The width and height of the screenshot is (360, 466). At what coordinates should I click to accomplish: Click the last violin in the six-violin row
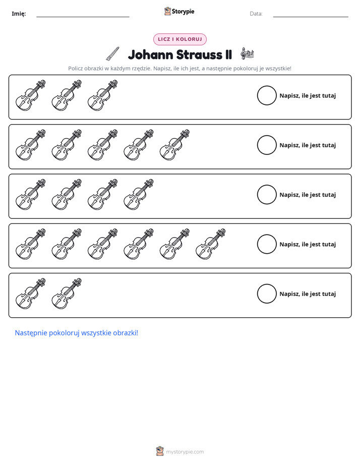[210, 244]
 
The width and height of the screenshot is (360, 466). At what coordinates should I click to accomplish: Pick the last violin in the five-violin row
[174, 145]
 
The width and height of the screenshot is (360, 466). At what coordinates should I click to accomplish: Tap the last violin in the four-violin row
[139, 195]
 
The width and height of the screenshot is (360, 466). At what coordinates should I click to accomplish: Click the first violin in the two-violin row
[30, 294]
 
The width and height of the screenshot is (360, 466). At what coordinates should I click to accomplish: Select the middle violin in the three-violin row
[66, 95]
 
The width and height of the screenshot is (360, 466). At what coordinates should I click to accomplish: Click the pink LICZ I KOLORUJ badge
[179, 39]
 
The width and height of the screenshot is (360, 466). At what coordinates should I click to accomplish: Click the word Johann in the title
[150, 54]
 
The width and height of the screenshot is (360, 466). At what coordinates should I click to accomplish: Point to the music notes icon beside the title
[247, 53]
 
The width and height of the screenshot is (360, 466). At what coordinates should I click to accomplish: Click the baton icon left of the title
[113, 54]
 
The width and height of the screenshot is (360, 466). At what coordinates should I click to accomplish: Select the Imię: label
[19, 14]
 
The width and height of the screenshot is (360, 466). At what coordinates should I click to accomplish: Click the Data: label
[256, 14]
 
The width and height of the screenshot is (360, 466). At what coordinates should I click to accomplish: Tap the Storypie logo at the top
[179, 11]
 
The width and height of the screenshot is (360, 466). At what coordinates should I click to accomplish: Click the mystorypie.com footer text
[185, 452]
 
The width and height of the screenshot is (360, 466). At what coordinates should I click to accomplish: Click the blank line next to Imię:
[83, 17]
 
